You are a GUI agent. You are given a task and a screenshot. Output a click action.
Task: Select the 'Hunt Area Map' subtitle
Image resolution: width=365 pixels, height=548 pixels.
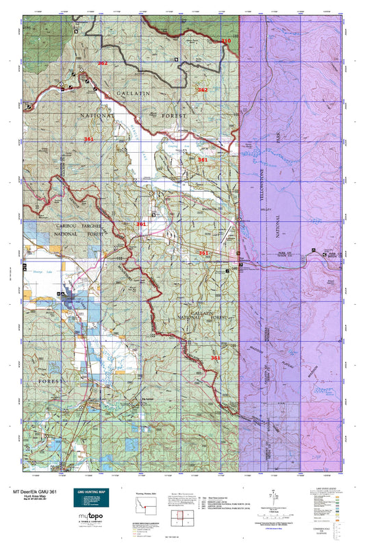(27, 496)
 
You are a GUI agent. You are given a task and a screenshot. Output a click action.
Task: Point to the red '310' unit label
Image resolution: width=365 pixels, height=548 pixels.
(226, 42)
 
